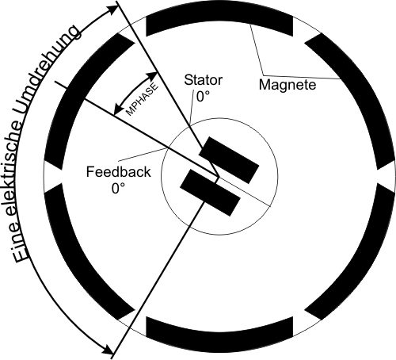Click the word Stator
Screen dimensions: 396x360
tap(204, 80)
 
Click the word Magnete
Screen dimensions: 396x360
tap(287, 85)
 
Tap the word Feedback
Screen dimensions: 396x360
tap(118, 172)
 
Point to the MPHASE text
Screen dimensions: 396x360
tap(143, 100)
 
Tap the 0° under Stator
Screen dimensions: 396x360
tap(203, 97)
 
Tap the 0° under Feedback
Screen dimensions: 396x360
tap(118, 189)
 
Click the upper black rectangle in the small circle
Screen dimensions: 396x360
tap(229, 160)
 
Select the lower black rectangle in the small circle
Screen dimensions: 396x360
tap(210, 193)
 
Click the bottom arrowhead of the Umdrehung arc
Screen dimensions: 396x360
tap(109, 350)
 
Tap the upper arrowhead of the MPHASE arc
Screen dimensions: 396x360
tap(153, 76)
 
